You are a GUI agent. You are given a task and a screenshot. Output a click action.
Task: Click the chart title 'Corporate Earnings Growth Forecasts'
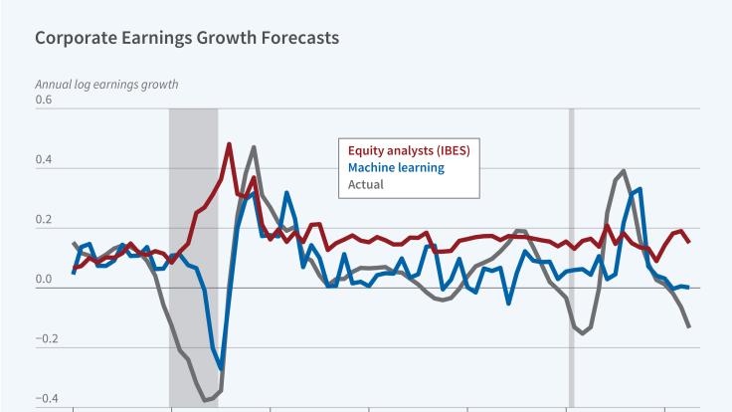187,39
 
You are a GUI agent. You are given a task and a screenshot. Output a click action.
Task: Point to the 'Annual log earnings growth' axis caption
106,84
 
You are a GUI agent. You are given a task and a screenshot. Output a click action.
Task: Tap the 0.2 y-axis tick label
43,220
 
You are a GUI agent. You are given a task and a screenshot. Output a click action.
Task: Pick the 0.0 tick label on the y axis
43,280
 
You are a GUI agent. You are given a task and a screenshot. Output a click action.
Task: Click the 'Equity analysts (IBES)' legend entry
408,151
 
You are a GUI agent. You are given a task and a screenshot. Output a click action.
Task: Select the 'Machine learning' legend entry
395,167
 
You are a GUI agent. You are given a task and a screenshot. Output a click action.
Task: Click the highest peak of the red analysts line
229,144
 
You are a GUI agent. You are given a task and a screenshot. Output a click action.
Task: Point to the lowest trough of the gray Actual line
206,400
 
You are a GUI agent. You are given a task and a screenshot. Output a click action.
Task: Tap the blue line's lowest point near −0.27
221,368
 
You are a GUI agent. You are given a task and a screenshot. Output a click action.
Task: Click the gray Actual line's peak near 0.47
254,147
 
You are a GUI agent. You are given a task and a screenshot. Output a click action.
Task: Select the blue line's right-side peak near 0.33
640,188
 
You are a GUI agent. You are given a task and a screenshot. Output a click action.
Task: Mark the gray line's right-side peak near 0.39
623,171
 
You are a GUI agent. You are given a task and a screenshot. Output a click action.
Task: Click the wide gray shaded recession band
193,249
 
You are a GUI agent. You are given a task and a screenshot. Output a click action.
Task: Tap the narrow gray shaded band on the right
571,249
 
